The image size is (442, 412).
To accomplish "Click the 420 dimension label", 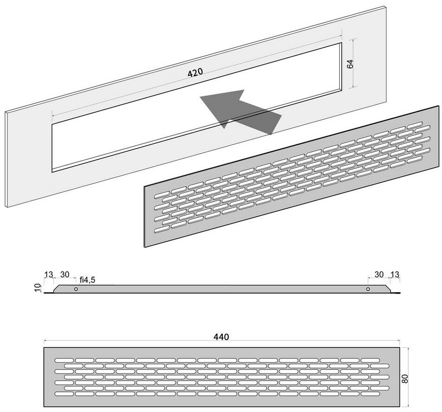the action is click(195, 72).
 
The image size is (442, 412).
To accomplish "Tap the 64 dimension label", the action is click(350, 64).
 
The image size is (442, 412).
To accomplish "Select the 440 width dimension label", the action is click(221, 337).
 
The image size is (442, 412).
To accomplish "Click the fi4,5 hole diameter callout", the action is click(87, 280).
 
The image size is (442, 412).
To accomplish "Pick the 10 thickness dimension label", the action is click(39, 287).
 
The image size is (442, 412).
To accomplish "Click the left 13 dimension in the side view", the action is click(48, 274).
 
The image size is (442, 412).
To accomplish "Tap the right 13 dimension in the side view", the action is click(395, 274).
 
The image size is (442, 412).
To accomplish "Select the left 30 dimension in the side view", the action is click(65, 274).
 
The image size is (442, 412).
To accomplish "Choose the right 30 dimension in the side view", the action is click(379, 274).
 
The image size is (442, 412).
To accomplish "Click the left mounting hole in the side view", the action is click(76, 289).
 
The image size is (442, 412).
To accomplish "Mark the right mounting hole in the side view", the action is click(368, 289).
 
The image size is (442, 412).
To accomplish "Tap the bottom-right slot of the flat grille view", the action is click(370, 393).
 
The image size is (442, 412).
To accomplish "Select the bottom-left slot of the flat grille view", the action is click(64, 393).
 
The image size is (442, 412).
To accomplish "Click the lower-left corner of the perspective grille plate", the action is click(144, 247).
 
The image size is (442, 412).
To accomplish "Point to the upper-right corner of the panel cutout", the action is click(342, 43).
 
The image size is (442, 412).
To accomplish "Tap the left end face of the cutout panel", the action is click(6, 159).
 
